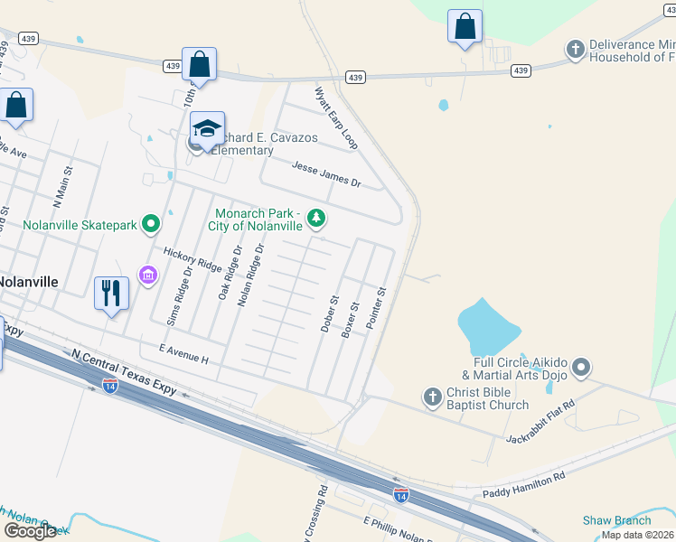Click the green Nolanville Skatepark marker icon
(x=151, y=222)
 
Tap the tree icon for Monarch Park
(x=316, y=217)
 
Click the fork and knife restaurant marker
(x=111, y=293)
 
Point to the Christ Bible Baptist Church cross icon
(x=433, y=396)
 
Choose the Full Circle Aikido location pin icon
(x=581, y=368)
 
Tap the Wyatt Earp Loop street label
(x=335, y=118)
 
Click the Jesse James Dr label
(x=326, y=174)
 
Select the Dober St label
(x=330, y=313)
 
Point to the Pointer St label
(x=376, y=307)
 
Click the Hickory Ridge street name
(x=192, y=260)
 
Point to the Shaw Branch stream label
(x=616, y=519)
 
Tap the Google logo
(x=31, y=531)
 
